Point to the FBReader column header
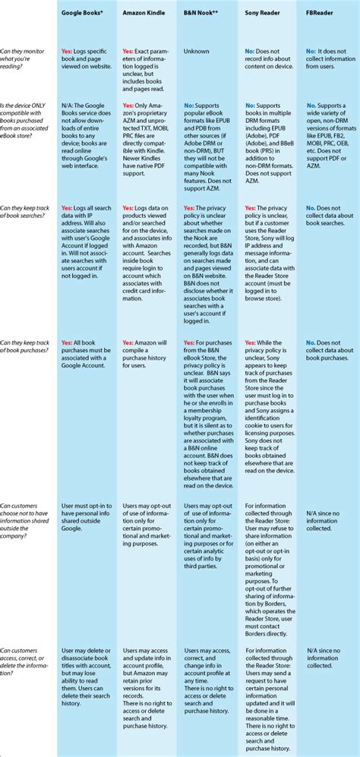[x=322, y=14]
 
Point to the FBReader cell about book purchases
[x=330, y=350]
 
